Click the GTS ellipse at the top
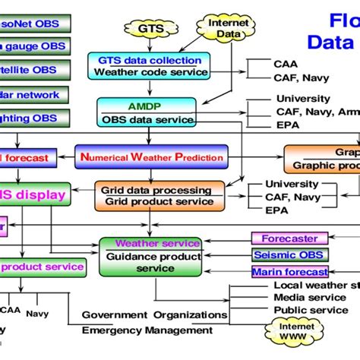pos(150,30)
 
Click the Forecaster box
pos(289,238)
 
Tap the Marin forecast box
pos(289,272)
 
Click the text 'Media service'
pos(310,298)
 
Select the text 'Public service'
pos(310,310)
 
